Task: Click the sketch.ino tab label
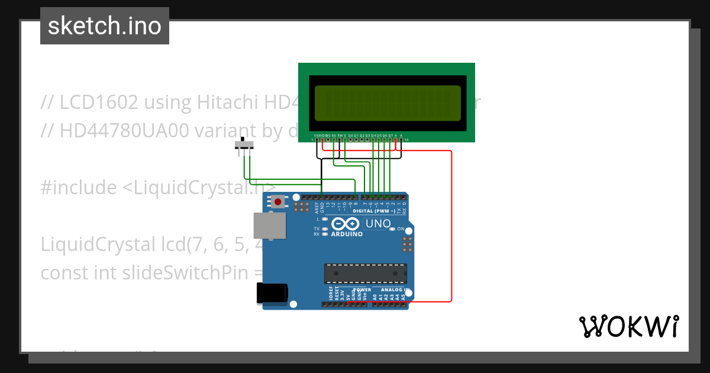[104, 26]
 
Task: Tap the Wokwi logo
[628, 326]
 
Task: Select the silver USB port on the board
[269, 226]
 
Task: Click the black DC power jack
[272, 294]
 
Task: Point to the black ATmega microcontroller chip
[365, 274]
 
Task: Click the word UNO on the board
[378, 224]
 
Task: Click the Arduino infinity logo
[346, 224]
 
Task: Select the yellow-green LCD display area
[388, 103]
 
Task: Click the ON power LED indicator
[401, 229]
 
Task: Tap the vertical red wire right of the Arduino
[452, 225]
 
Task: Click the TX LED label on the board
[317, 229]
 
